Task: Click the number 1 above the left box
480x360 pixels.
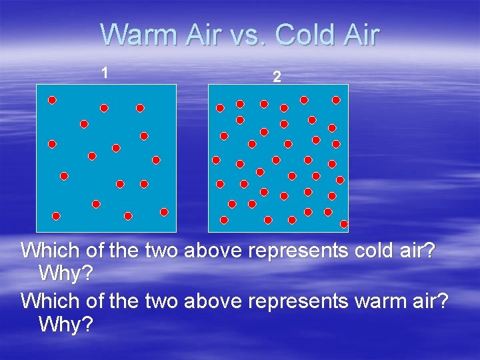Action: coord(104,71)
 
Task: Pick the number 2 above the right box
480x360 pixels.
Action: coord(277,77)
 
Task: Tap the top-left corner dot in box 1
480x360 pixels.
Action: coord(52,100)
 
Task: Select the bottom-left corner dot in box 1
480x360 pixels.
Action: coord(56,216)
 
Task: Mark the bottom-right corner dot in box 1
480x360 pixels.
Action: coord(164,212)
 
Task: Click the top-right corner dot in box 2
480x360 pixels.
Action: coord(336,100)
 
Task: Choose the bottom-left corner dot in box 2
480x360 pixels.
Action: coord(224,220)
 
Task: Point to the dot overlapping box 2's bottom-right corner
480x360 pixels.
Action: coord(344,224)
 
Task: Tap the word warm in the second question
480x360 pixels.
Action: coord(375,301)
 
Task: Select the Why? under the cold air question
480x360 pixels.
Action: coord(65,273)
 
